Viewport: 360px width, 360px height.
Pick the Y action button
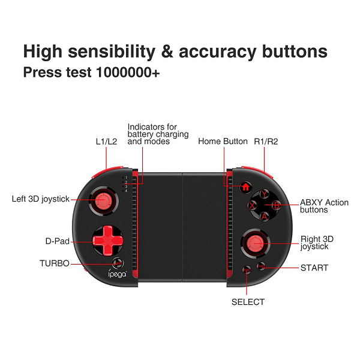(x=263, y=193)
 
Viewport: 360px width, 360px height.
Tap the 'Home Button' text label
(x=223, y=142)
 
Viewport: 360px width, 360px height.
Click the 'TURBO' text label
(x=55, y=263)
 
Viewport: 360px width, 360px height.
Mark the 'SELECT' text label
(x=248, y=302)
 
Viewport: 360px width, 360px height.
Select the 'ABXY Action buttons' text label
(x=324, y=206)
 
